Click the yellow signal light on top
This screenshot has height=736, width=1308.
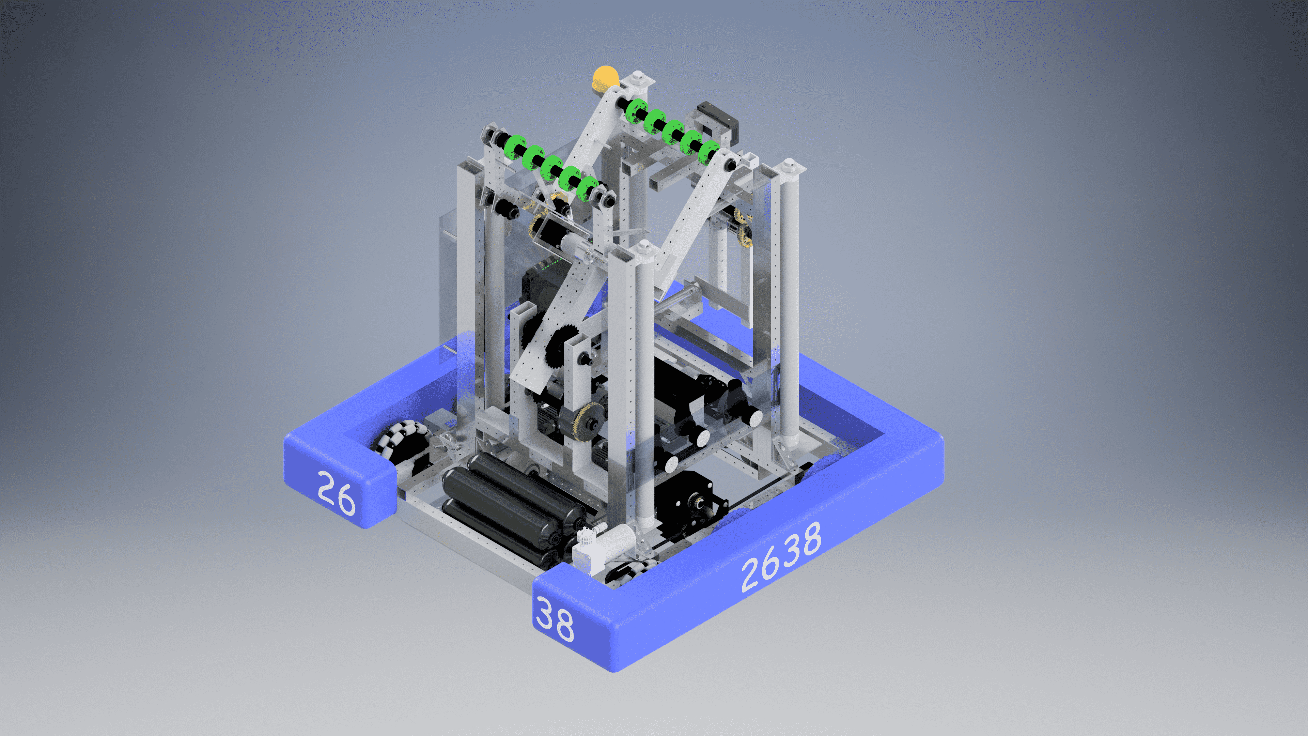pyautogui.click(x=605, y=77)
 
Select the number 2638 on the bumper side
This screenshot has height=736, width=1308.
pyautogui.click(x=781, y=557)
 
